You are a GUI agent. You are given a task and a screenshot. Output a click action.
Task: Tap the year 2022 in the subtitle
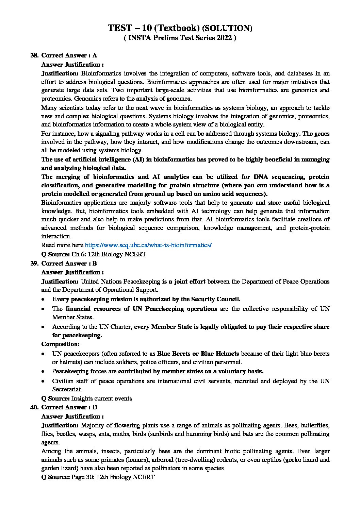[x=224, y=38]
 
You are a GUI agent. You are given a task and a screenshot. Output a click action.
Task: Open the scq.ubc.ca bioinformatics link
[x=148, y=245]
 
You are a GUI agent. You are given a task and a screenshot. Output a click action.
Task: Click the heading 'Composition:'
[x=60, y=344]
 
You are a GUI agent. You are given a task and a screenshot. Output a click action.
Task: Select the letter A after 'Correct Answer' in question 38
[x=95, y=55]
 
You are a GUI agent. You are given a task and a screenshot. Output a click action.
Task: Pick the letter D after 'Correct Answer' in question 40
[x=95, y=407]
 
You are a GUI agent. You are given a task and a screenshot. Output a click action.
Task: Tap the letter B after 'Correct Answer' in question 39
[x=95, y=264]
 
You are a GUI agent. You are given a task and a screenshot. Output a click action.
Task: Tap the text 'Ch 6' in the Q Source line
[x=78, y=254]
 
